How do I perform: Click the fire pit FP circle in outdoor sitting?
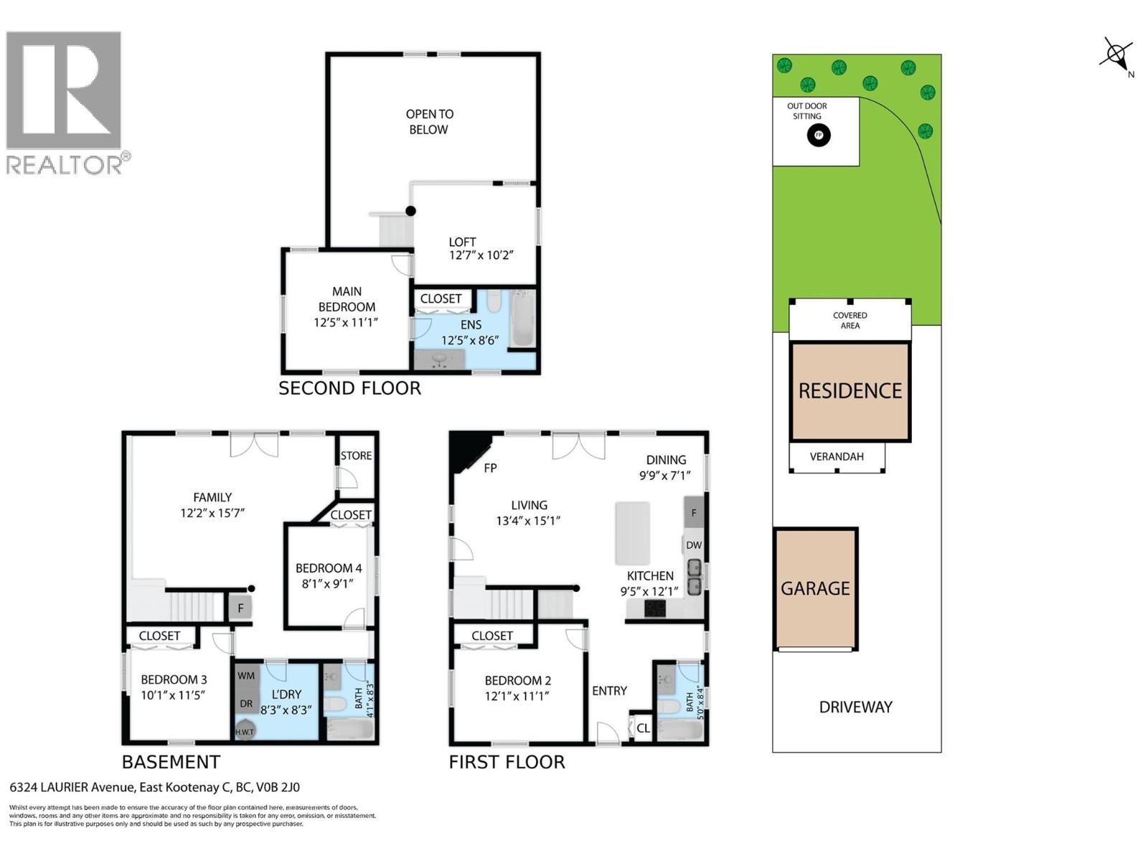819,135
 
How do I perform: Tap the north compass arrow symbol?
1116,55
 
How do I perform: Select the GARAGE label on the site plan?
815,588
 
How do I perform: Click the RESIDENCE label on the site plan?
850,391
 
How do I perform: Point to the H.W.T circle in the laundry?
245,730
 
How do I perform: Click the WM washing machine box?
246,676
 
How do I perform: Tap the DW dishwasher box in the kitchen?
693,545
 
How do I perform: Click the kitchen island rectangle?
632,533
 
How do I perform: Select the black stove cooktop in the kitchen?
654,609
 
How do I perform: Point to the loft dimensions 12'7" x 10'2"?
481,255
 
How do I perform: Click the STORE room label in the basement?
356,456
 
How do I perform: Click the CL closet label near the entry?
643,728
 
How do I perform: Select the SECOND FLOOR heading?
349,388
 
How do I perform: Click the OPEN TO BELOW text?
429,122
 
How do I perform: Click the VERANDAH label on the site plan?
837,456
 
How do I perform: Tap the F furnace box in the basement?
240,608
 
